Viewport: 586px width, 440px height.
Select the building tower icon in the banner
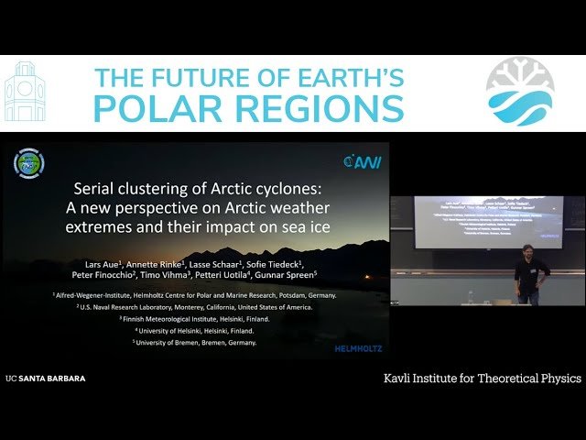click(x=25, y=93)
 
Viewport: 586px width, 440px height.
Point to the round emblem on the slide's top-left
click(x=28, y=163)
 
